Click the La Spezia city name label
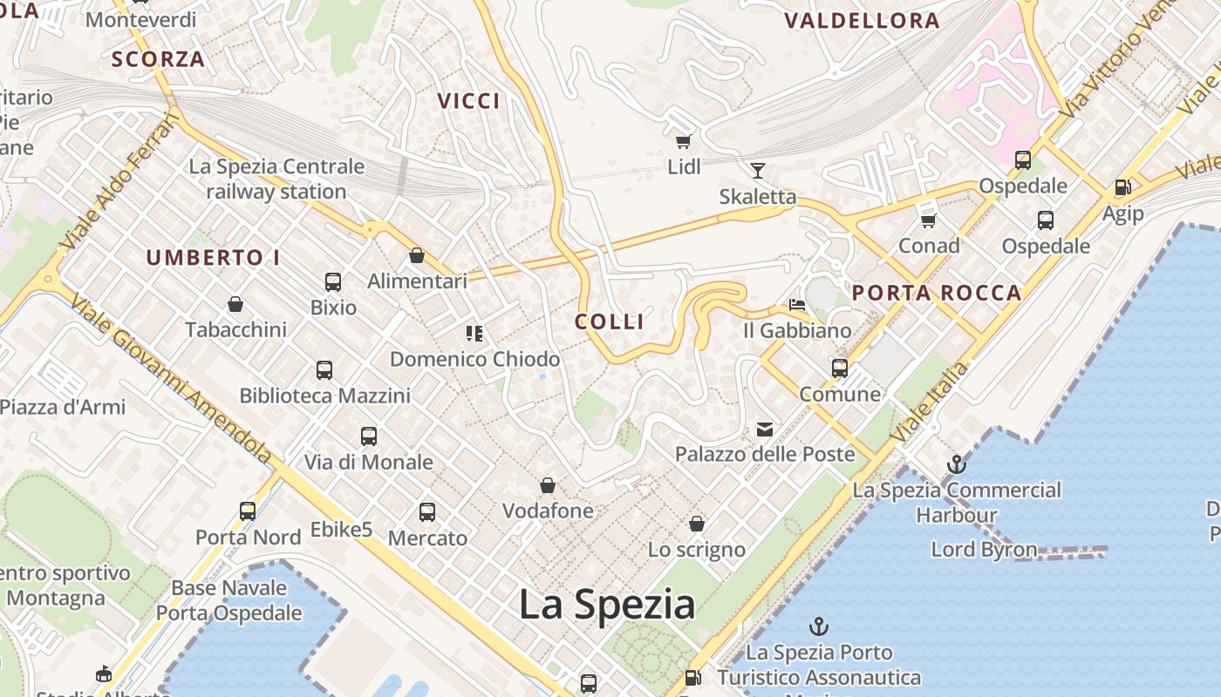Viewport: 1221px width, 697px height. [607, 605]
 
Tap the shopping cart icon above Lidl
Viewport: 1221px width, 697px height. [683, 141]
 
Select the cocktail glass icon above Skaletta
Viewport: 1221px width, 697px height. [757, 170]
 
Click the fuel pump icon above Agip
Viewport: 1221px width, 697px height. [1122, 187]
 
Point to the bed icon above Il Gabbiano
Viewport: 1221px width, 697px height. [797, 305]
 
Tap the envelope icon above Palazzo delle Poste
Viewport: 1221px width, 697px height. [765, 429]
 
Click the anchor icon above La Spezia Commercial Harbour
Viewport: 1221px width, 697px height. [957, 464]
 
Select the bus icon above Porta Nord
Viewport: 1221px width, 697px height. [248, 511]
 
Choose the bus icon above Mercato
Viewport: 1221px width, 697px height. [427, 512]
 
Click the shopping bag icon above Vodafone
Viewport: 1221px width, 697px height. [548, 485]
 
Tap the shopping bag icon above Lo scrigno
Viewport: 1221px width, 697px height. [696, 524]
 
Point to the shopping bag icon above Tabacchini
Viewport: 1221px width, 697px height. [235, 304]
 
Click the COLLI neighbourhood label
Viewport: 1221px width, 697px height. [610, 321]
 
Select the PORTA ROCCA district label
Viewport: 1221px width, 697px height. [937, 293]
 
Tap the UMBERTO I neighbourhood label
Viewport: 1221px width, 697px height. [213, 258]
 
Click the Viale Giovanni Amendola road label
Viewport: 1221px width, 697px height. [171, 379]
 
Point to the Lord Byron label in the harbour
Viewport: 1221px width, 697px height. [984, 550]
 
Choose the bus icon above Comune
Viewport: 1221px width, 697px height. [840, 369]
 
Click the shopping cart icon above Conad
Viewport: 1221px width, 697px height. [929, 220]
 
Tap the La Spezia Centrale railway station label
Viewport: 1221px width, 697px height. [276, 179]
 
